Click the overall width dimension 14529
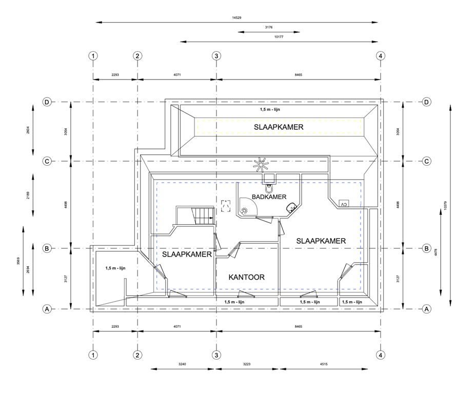click(236, 17)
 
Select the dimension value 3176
click(269, 27)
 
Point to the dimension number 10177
click(280, 36)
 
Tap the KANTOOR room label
click(247, 278)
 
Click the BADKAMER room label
click(269, 196)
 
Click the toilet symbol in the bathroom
click(269, 180)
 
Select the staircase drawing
click(195, 215)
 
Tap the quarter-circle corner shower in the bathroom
click(246, 207)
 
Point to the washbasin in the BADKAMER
click(291, 207)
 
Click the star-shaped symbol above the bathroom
click(262, 164)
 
